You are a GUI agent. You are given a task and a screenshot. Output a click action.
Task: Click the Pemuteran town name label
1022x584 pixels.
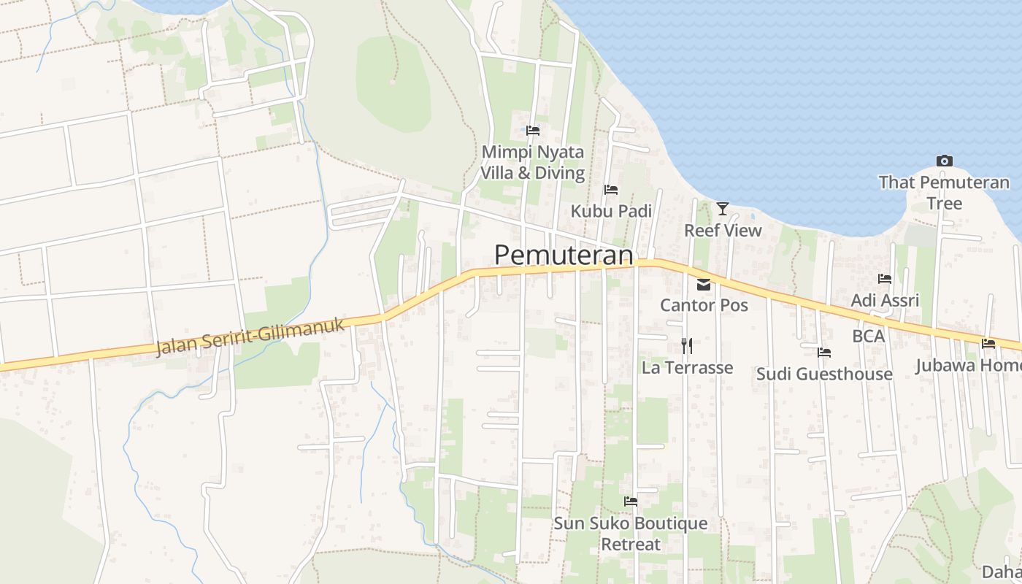564,255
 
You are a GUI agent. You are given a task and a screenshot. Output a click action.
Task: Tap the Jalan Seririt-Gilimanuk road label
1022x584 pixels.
250,337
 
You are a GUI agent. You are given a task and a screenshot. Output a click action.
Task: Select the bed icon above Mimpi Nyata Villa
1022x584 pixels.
533,131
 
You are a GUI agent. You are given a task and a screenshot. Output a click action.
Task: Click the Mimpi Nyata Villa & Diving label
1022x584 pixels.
533,163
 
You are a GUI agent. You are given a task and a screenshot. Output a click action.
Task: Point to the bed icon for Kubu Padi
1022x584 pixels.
611,190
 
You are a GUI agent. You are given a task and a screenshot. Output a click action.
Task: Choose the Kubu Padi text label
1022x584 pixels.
611,211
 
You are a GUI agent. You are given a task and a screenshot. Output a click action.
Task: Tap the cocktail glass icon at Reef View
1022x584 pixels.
723,209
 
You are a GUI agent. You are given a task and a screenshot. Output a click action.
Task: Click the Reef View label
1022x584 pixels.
723,231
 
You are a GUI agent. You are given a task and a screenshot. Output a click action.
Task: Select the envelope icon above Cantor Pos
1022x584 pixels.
704,285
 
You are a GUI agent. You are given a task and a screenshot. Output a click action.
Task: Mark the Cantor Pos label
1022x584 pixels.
704,305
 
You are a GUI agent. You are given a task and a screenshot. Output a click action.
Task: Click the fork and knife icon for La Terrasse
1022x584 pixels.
687,345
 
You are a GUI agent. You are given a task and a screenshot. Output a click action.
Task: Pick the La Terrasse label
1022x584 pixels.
687,367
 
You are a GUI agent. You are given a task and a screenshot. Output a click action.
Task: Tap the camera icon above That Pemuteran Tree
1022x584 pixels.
944,161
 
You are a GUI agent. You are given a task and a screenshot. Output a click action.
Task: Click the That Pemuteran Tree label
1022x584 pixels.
944,193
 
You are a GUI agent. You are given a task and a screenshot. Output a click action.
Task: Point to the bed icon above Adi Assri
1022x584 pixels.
885,279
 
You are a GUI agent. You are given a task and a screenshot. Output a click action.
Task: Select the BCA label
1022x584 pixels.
869,337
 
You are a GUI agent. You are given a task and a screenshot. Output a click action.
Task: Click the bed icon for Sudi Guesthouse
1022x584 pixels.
824,353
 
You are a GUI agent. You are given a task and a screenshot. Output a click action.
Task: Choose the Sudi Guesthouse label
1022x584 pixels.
824,374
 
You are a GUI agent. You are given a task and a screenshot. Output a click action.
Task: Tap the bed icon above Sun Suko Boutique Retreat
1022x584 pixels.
631,502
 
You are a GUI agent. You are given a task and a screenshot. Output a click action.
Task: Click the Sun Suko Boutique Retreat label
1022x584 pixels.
631,534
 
